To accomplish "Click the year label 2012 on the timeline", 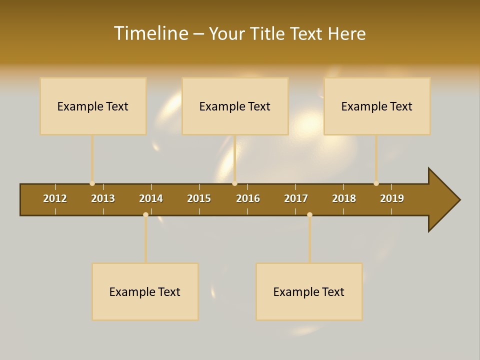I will point(55,198).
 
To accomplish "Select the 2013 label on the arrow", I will point(103,198).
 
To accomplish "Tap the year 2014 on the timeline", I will point(151,198).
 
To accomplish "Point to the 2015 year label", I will point(199,198).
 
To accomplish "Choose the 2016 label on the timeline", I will point(248,198).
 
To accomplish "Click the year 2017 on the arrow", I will point(296,198).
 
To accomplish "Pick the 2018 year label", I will point(344,198).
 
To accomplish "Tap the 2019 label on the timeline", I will point(392,198).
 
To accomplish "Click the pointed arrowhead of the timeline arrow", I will point(445,200).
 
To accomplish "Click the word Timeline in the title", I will point(150,33).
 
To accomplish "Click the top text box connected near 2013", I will point(93,106).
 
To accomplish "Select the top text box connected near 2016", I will point(235,106).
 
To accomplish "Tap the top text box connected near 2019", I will point(377,106).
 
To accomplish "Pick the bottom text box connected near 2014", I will point(145,291).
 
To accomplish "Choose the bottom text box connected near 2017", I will point(309,291).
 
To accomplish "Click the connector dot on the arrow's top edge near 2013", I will point(92,183).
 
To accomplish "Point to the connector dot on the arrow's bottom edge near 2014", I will point(145,214).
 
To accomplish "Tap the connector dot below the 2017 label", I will point(309,214).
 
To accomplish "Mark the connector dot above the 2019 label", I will point(376,183).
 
